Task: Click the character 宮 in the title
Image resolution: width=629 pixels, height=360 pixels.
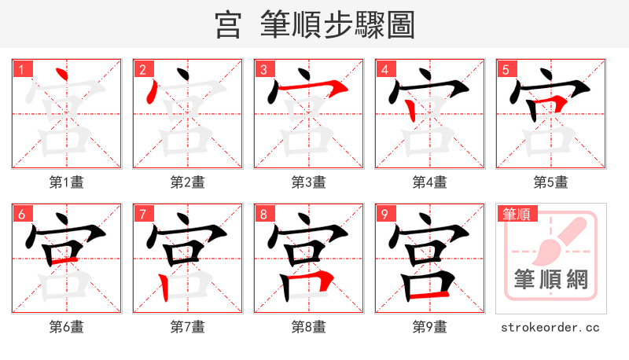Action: [x=228, y=25]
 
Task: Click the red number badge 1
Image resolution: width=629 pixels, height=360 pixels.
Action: [x=21, y=69]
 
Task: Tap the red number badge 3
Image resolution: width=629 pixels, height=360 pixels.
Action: [x=263, y=69]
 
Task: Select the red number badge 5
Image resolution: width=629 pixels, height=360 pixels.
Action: [x=506, y=69]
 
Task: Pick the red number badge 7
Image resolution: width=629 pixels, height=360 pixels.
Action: [x=142, y=214]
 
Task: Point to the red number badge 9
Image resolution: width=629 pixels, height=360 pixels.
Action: [x=384, y=214]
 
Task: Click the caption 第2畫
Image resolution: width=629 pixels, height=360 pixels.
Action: [x=187, y=182]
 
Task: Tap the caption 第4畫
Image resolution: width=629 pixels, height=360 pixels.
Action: [x=429, y=182]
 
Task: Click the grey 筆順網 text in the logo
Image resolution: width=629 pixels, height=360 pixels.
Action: [x=550, y=279]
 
